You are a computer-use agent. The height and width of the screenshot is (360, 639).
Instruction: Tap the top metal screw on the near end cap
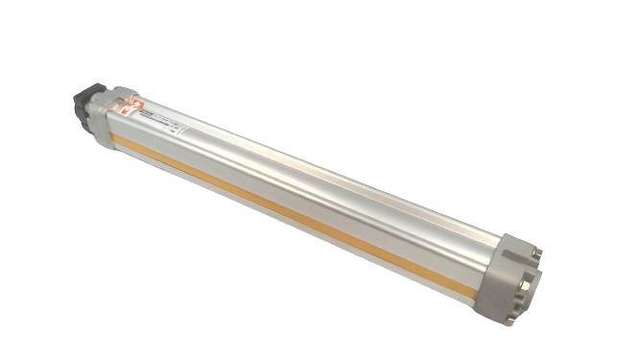tap(536, 252)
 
